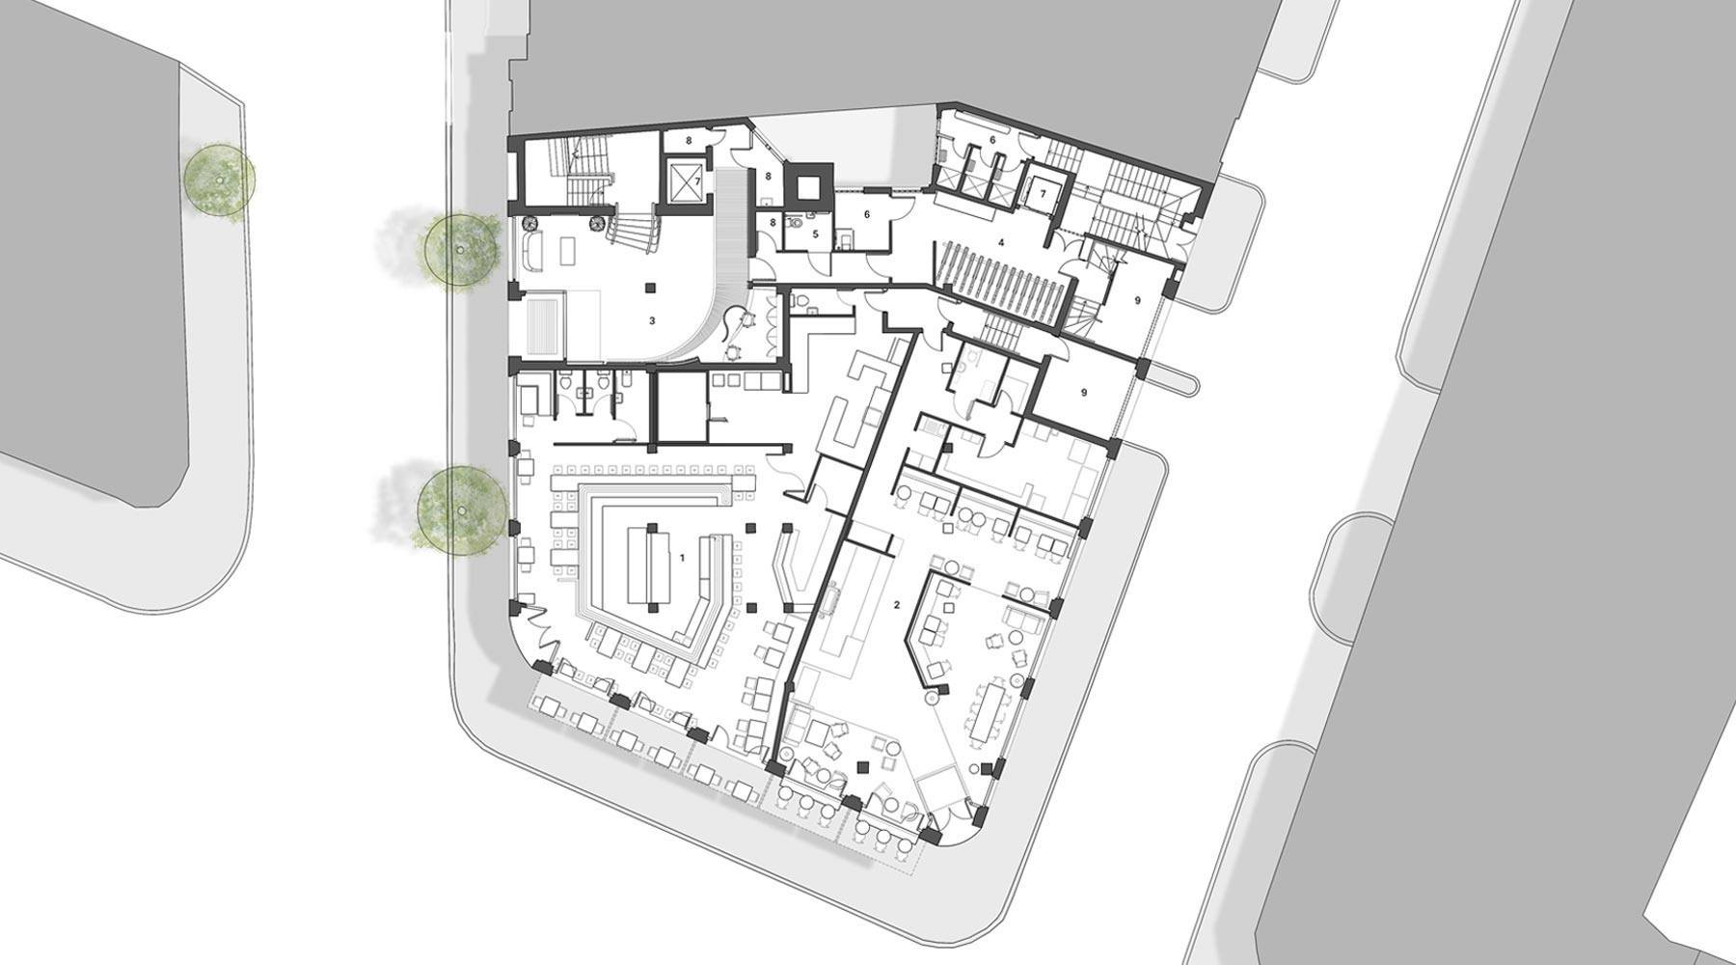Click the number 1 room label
[x=682, y=558]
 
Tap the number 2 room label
[x=897, y=605]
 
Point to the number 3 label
[x=652, y=320]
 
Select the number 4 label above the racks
[x=1002, y=242]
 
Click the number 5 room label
[x=815, y=234]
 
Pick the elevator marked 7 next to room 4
[x=1040, y=193]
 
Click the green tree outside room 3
[x=462, y=249]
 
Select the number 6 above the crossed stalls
[x=991, y=140]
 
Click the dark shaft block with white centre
[x=808, y=181]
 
